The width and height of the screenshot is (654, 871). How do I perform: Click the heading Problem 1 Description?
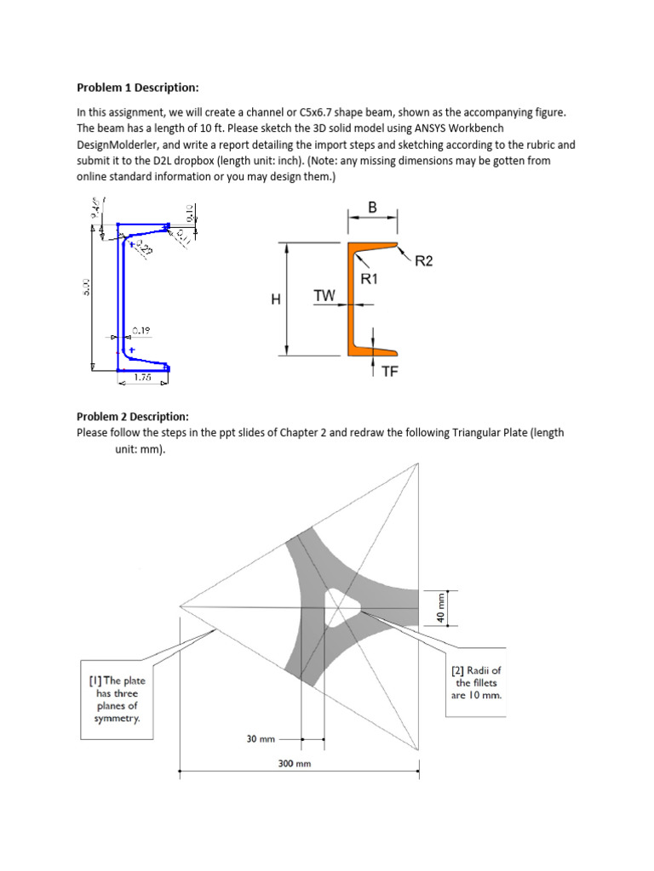coord(138,88)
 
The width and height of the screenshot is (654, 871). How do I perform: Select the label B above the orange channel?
coord(372,207)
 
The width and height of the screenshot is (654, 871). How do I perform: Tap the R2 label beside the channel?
coord(423,261)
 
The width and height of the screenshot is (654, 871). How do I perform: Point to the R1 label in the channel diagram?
coord(370,278)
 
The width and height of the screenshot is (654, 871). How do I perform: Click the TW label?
coord(324,295)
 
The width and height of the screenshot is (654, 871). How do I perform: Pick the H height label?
coord(275,299)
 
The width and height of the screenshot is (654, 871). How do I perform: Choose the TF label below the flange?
coord(390,372)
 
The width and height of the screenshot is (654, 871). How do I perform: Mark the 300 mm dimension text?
coord(295,764)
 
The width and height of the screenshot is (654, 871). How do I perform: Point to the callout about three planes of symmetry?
coord(116,699)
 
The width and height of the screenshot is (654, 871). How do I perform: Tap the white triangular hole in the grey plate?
coord(341,607)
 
